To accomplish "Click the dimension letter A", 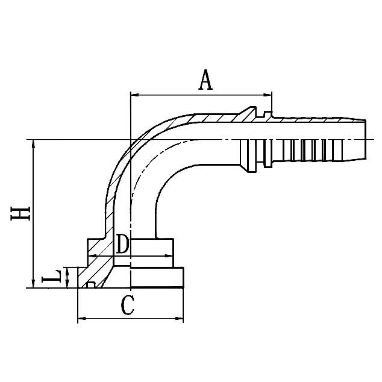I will coord(206,80).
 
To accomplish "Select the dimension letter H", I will coord(20,214).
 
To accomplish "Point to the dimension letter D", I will coord(122,245).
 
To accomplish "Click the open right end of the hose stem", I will coord(365,140).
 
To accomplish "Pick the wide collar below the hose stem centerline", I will coord(248,155).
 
